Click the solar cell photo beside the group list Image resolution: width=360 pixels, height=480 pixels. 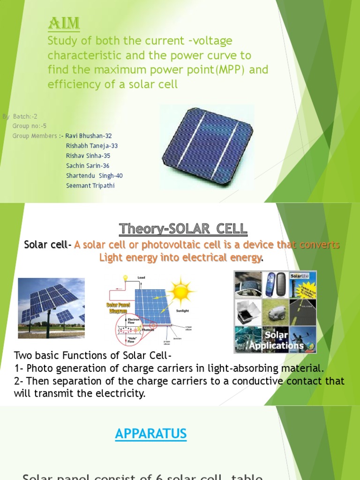pos(207,147)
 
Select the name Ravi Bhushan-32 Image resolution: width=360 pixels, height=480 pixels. pos(89,136)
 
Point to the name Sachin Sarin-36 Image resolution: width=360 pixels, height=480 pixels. pos(88,165)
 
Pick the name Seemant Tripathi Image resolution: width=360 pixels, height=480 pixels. pos(90,185)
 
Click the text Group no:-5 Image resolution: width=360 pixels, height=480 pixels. pos(29,126)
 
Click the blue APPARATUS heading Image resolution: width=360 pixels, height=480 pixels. pos(150,434)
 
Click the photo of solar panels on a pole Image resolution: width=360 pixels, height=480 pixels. pos(52,308)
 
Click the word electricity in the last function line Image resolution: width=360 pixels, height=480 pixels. pos(119,393)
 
